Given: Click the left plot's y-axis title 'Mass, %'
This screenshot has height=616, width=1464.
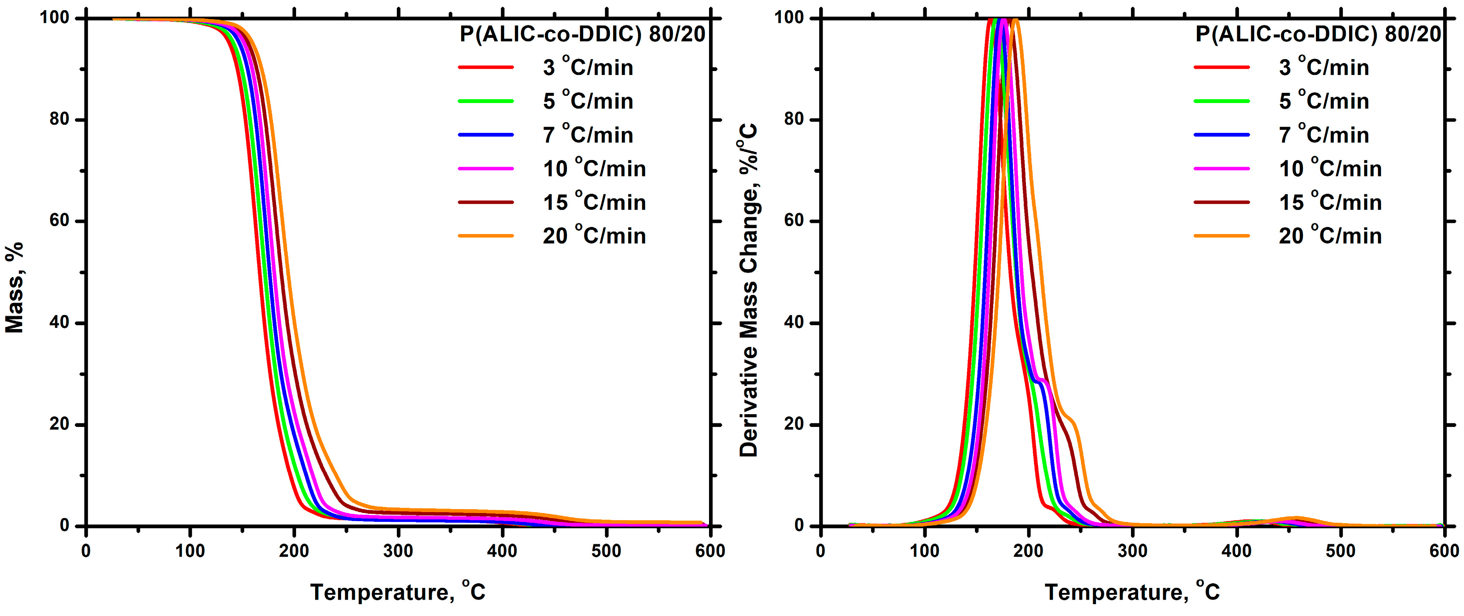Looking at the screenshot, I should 14,287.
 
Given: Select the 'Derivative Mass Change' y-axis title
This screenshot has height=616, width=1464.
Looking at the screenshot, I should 749,290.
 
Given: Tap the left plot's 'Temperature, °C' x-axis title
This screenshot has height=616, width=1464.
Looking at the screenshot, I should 398,592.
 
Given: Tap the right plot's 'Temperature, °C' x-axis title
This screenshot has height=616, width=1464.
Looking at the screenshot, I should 1132,592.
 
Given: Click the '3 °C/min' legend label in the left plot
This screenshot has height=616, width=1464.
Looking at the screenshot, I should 588,68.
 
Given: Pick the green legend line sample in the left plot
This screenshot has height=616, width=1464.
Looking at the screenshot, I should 485,101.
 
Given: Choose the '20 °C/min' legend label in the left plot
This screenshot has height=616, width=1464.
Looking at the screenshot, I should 594,235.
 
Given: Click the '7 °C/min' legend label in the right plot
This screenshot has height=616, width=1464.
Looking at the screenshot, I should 1324,135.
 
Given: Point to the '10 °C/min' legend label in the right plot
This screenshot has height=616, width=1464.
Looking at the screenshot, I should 1330,168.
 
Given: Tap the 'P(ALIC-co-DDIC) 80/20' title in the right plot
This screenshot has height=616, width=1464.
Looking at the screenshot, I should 1318,34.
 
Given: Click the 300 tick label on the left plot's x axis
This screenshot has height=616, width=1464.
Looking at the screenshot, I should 398,550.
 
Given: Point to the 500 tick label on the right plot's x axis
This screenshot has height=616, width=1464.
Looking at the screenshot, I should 1340,550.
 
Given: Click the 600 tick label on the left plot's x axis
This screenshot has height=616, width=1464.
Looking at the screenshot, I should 710,550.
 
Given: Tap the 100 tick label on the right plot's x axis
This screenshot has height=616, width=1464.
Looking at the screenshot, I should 925,550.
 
